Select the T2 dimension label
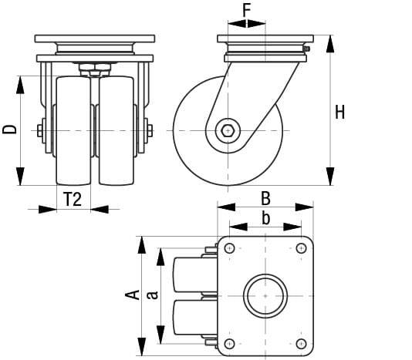click(x=73, y=200)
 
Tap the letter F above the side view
click(x=247, y=10)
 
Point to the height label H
click(x=339, y=112)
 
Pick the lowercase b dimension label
click(x=265, y=218)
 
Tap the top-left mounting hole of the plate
click(x=229, y=248)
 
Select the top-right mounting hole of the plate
click(x=301, y=248)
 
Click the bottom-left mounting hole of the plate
click(x=229, y=342)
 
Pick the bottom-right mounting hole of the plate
click(x=301, y=342)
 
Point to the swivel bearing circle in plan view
click(x=265, y=295)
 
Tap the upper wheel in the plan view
click(x=189, y=274)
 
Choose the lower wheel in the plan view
click(x=189, y=318)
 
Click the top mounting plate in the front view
click(x=95, y=39)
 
